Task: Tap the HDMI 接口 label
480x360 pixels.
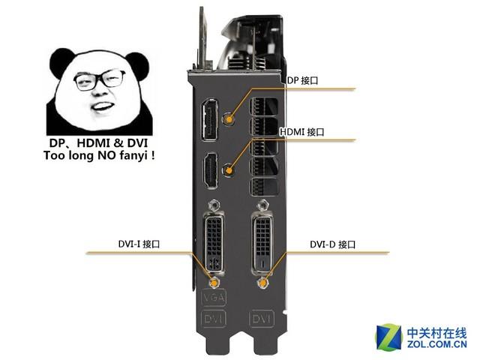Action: pos(302,131)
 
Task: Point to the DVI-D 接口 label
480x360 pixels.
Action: pos(332,244)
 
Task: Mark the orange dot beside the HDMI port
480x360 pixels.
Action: pos(230,169)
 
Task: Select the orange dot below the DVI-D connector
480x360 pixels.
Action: pos(263,284)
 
